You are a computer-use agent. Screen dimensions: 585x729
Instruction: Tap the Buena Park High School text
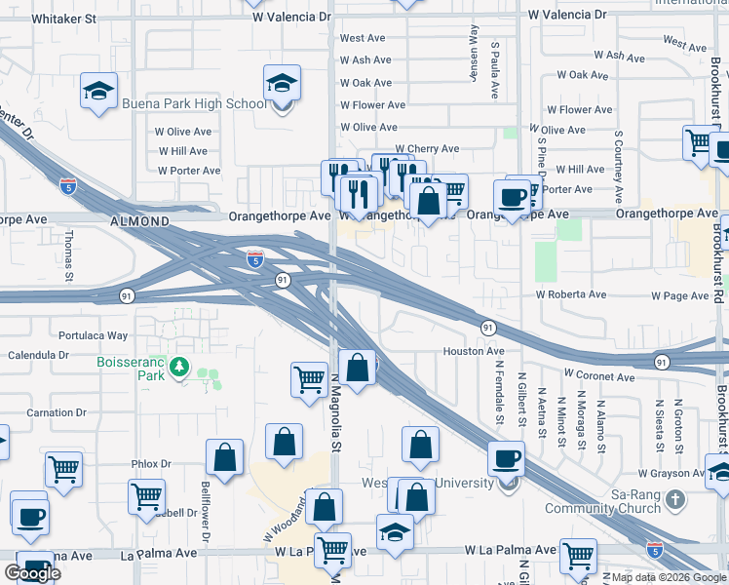coord(193,104)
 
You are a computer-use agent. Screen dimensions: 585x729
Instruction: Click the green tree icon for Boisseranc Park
coord(178,368)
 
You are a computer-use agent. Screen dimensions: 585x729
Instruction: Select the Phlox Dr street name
coord(151,464)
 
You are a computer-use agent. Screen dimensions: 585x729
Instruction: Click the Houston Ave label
coord(474,351)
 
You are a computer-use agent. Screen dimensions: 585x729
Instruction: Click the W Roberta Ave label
coord(570,293)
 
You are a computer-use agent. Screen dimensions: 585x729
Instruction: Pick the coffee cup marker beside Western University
coord(506,458)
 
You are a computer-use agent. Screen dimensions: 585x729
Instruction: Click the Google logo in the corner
coord(33,573)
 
